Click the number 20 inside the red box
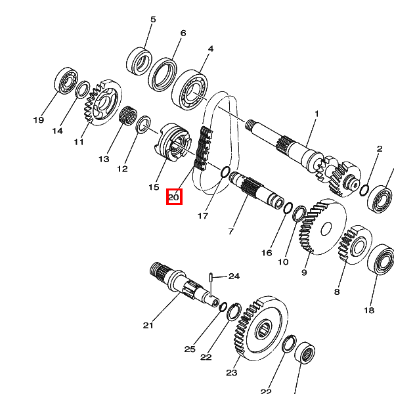point(173,196)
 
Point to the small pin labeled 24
point(211,277)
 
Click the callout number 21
point(148,325)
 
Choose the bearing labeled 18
point(380,262)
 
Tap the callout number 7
point(230,231)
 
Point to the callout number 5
point(153,20)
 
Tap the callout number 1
point(316,114)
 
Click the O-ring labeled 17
point(223,173)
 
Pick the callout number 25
point(190,349)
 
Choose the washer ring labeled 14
point(83,89)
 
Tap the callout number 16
point(267,253)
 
